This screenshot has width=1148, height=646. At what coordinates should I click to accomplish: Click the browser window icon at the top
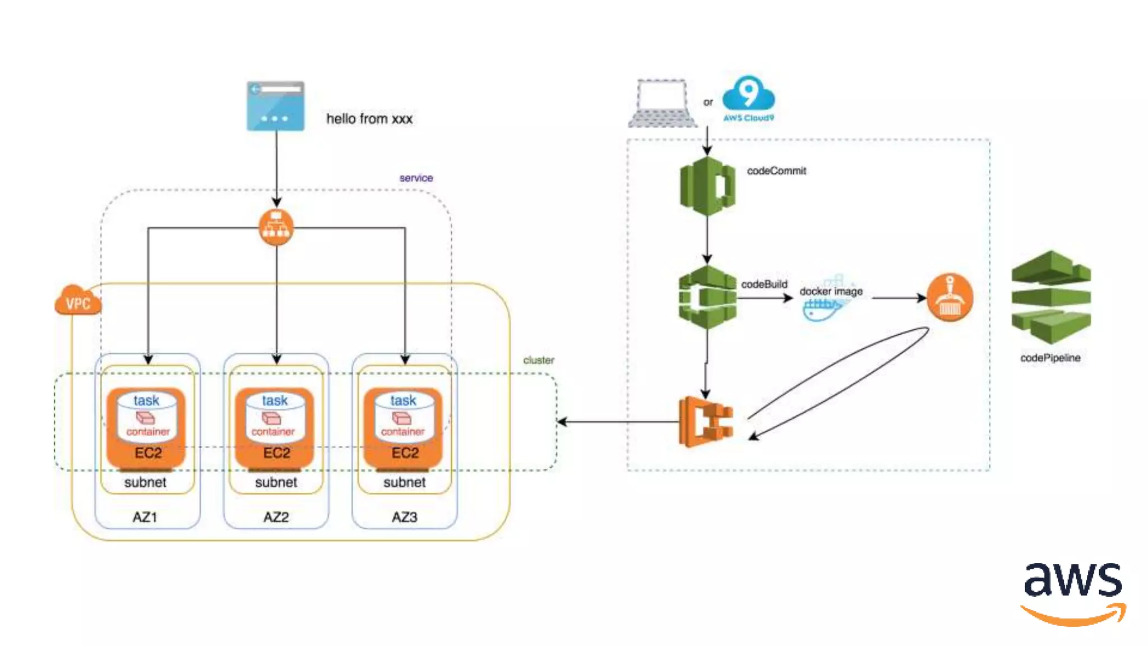(x=275, y=105)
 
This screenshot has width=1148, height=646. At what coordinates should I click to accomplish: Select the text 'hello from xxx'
(x=369, y=119)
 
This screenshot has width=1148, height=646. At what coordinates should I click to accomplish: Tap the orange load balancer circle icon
(x=276, y=227)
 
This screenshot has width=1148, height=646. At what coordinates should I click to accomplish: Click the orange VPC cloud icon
(x=78, y=301)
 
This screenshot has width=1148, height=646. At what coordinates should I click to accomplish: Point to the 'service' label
(x=416, y=178)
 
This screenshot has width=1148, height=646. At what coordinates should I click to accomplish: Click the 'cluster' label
(x=538, y=360)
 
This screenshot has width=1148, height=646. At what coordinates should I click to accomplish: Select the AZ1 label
(x=145, y=516)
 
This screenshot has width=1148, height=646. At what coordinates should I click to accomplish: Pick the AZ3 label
(x=404, y=516)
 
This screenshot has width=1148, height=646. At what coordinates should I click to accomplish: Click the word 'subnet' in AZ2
(x=276, y=482)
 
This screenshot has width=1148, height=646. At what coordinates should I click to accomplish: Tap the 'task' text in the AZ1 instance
(x=146, y=400)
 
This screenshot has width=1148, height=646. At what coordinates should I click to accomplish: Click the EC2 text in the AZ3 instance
(x=405, y=453)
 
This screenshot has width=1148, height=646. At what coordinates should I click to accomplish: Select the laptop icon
(x=662, y=104)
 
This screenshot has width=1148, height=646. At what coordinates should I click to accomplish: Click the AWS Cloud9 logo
(x=748, y=98)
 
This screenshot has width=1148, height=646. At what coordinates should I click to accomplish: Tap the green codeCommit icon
(x=707, y=186)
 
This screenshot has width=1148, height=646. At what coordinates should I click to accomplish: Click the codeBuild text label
(x=764, y=284)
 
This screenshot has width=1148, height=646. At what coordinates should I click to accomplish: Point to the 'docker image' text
(x=831, y=292)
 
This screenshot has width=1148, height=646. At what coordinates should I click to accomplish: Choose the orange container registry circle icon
(x=950, y=297)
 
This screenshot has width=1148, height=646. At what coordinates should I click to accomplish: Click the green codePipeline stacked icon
(x=1050, y=297)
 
